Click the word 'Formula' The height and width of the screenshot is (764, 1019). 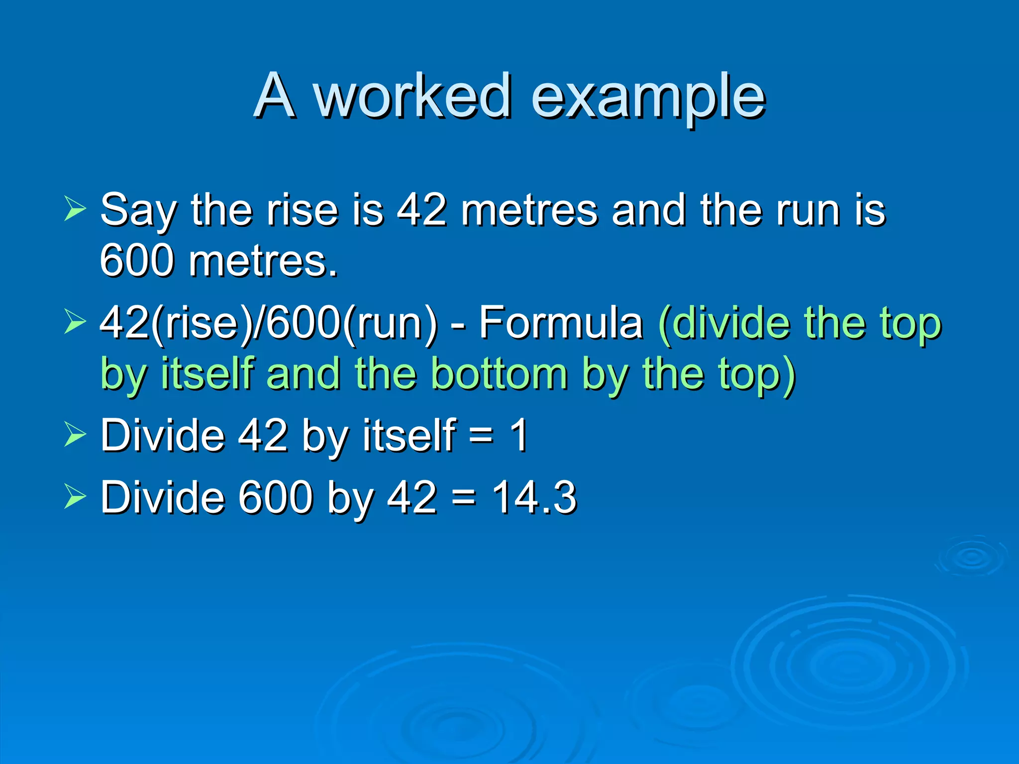[x=561, y=323]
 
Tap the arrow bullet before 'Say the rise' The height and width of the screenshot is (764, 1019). [x=75, y=208]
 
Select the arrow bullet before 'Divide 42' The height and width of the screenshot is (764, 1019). [x=75, y=434]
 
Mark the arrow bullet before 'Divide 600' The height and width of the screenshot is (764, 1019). [x=75, y=496]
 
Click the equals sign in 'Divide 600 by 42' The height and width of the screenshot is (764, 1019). [x=464, y=498]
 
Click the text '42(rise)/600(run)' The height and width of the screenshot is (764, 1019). [x=269, y=324]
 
